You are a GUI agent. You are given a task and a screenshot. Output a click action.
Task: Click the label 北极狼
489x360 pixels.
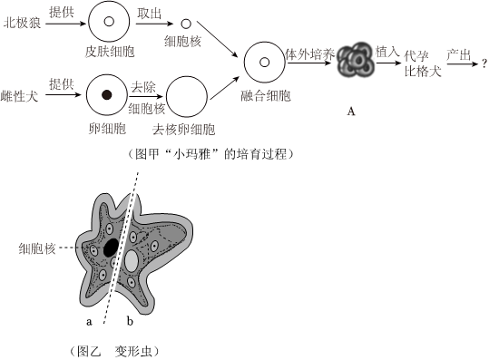[22, 23]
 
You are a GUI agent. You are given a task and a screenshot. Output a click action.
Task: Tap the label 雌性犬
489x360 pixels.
[20, 96]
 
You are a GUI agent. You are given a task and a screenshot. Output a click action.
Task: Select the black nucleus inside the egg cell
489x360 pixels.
[107, 94]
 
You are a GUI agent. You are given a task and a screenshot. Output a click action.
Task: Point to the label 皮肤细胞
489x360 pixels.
[110, 52]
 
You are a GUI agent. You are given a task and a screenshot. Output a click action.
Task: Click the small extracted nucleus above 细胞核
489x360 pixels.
[186, 24]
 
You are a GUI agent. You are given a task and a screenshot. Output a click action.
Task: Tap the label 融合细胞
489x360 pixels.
[266, 96]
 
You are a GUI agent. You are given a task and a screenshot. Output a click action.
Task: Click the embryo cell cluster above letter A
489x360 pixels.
[357, 60]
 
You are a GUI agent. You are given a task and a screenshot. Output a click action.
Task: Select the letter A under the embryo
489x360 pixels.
[351, 112]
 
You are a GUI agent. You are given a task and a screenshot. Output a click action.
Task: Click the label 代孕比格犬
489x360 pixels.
[423, 63]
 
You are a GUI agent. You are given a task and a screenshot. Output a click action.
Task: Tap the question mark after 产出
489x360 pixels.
[484, 63]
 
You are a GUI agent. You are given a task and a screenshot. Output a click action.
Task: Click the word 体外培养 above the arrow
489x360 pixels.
[309, 54]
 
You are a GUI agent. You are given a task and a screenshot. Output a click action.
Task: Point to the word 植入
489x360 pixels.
[387, 52]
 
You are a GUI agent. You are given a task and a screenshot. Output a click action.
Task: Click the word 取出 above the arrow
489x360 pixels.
[150, 14]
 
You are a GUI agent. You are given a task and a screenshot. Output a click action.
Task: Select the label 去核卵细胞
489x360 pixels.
[184, 130]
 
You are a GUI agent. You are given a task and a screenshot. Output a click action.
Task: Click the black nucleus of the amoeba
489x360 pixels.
[111, 248]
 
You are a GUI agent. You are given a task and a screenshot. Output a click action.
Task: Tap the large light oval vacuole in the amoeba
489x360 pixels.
[132, 260]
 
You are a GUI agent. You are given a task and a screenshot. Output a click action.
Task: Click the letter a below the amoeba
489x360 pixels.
[89, 321]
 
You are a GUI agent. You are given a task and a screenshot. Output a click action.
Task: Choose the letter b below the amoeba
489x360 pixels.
[130, 320]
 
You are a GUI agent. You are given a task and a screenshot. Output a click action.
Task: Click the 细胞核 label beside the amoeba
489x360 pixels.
[37, 248]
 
